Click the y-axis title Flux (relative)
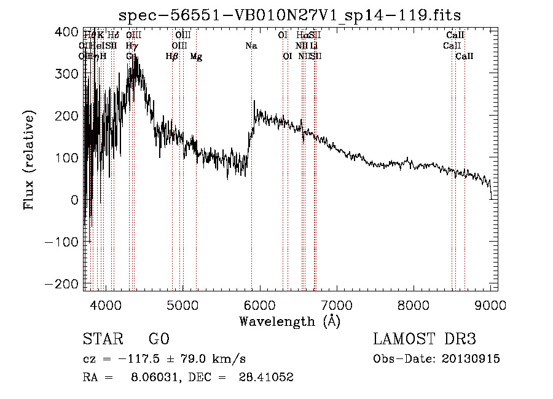[x=29, y=160]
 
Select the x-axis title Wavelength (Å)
[x=289, y=321]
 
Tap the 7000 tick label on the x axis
[x=337, y=304]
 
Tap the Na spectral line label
[x=251, y=46]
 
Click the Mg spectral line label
[x=196, y=57]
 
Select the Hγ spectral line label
[x=131, y=46]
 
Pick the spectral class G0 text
[x=159, y=339]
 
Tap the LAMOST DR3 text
[x=425, y=339]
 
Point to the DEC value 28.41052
[x=266, y=378]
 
